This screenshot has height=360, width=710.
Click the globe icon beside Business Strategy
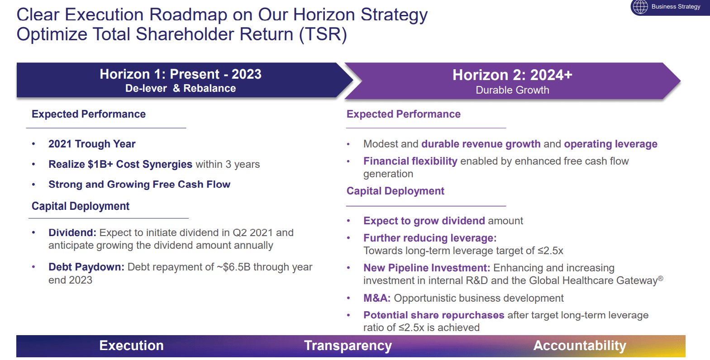coord(640,7)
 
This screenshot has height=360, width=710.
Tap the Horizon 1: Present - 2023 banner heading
coord(181,74)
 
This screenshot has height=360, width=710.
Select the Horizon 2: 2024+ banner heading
coord(512,75)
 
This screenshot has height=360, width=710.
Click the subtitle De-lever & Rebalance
coord(181,88)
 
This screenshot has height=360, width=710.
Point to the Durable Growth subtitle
coord(512,90)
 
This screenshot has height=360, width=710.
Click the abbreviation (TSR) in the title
coord(323,34)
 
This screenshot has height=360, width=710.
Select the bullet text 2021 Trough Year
coord(92,144)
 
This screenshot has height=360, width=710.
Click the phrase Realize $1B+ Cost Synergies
coord(120,164)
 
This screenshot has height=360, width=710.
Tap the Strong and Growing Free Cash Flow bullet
coord(139,185)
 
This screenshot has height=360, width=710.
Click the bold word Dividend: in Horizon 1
coord(72,232)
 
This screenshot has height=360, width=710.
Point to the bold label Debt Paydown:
coord(86,267)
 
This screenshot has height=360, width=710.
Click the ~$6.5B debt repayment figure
coord(233,267)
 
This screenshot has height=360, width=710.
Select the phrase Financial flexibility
coord(410,161)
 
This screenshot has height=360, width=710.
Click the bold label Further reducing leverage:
coord(430,238)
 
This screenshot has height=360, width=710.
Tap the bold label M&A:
coord(377,298)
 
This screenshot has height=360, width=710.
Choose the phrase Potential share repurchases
coord(434,315)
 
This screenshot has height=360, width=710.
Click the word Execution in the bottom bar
coord(132,346)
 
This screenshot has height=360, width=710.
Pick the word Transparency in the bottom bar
coord(348,346)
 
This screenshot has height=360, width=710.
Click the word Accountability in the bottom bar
coord(580,346)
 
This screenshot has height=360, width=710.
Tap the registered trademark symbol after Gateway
coord(661,278)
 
